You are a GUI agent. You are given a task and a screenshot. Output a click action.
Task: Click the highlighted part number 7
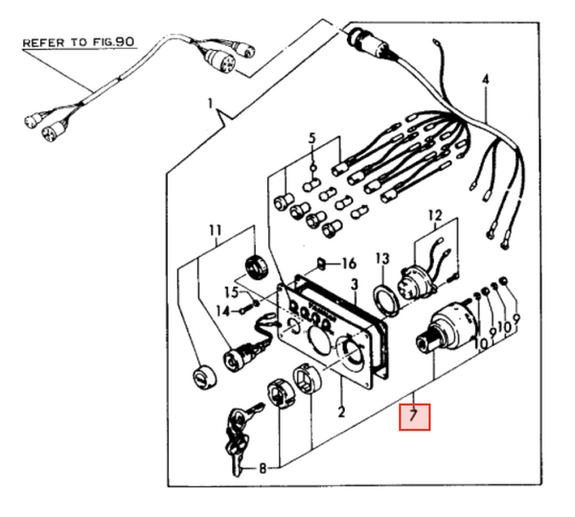pos(415,416)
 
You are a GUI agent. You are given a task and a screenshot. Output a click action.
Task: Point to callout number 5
pos(310,140)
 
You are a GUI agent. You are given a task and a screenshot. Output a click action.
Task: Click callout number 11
pos(215,230)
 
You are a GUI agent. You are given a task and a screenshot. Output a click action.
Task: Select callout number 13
pos(382,259)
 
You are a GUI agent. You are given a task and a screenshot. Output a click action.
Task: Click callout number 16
pos(348,263)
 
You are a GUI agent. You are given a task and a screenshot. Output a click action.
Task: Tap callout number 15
pos(230,292)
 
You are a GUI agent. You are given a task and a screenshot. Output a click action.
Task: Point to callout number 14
pos(222,310)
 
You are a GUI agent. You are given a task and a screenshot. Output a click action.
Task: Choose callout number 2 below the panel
pos(339,412)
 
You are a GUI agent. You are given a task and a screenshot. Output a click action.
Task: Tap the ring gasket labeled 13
pos(384,296)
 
